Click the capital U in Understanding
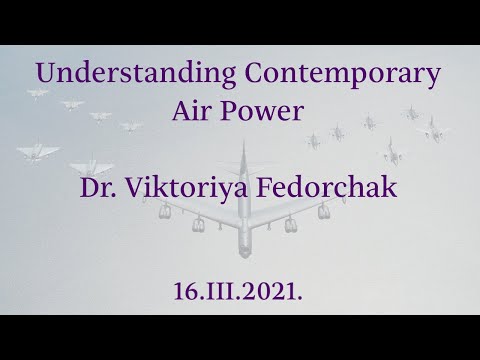(x=47, y=73)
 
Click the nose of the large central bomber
(x=242, y=148)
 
